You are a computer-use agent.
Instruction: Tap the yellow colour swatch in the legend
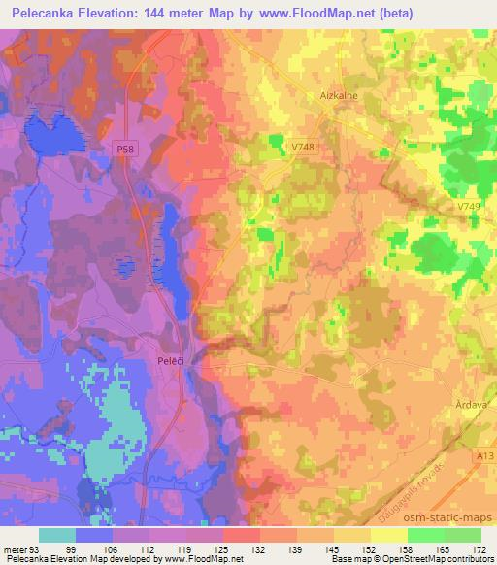389,535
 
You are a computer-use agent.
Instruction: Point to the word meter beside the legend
15,548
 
